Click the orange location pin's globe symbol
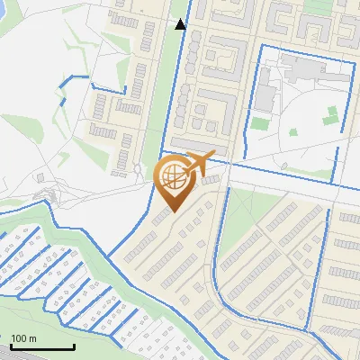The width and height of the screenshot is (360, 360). [x=172, y=177]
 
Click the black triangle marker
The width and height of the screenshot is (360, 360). [x=181, y=23]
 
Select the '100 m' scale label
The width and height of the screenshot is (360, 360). [x=23, y=338]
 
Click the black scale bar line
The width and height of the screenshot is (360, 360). [x=42, y=347]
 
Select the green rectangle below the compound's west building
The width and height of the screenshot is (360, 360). [x=260, y=123]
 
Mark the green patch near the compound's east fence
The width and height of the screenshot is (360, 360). [x=332, y=113]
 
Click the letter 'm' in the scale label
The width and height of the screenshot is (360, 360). [x=31, y=338]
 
